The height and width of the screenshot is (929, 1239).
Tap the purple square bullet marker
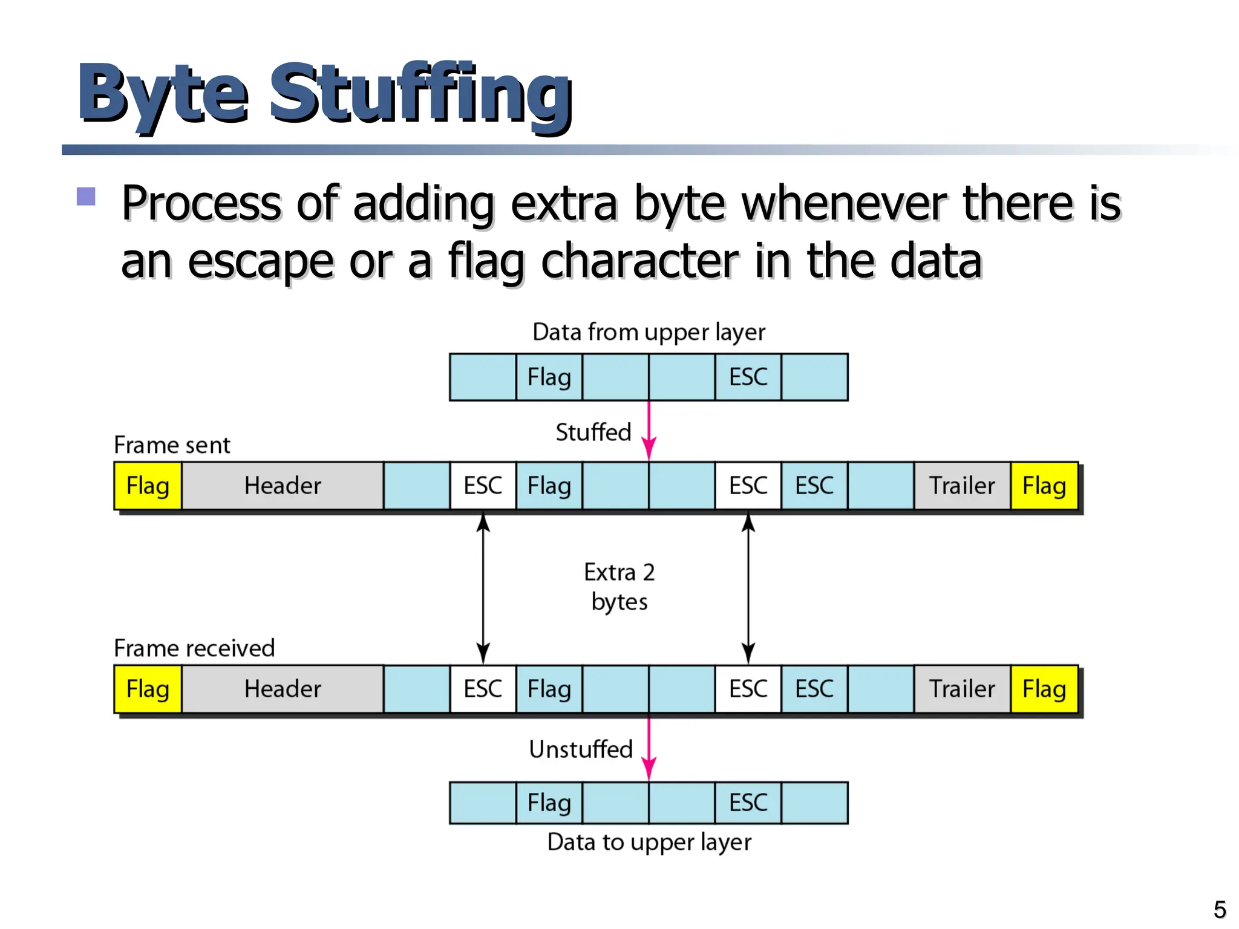[87, 197]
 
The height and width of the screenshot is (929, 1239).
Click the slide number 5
[1220, 910]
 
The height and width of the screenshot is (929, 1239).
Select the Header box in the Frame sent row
[282, 486]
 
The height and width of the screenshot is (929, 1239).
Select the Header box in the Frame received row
[282, 689]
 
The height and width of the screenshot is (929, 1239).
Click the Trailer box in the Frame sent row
[962, 486]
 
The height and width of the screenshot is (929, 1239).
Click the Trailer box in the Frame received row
[962, 689]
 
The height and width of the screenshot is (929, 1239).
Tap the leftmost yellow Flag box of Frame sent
[148, 486]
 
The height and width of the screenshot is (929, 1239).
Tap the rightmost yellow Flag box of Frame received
[1044, 689]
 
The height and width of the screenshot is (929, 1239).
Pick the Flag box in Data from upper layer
[549, 377]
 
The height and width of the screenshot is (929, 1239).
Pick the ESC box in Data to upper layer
[748, 803]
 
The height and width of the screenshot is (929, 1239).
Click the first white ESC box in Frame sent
[483, 486]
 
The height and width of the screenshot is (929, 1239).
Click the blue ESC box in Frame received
[814, 689]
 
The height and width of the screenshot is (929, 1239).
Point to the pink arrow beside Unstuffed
[649, 749]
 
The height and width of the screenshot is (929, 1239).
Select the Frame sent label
[172, 445]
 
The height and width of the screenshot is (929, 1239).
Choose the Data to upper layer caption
[649, 842]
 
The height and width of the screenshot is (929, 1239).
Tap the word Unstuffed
[580, 749]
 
